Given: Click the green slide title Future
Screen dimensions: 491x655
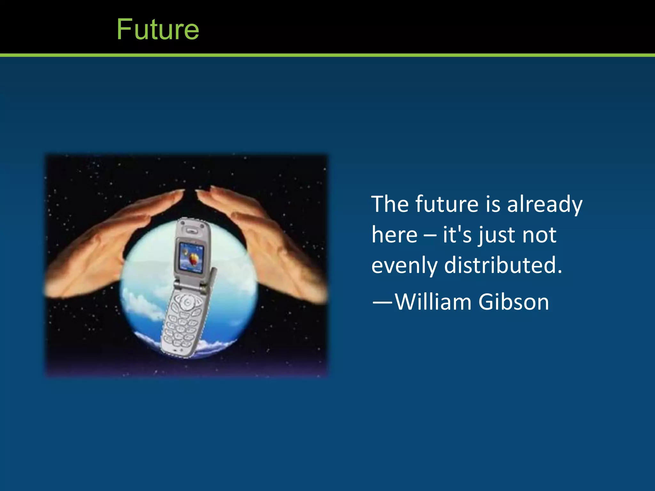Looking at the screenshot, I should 158,29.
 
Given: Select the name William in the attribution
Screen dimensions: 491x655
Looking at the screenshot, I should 433,302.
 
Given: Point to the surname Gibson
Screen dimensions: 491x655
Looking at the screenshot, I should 514,302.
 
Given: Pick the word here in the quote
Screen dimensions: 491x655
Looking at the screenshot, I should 394,235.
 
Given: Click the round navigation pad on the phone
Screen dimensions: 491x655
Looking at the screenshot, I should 188,302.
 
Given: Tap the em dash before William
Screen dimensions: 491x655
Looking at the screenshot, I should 382,302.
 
